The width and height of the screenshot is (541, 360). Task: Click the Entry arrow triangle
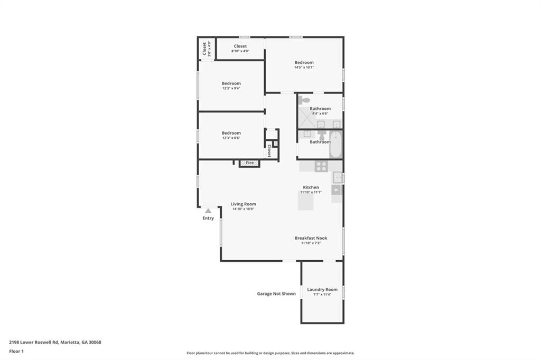point(208,211)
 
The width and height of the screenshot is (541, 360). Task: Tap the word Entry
point(208,218)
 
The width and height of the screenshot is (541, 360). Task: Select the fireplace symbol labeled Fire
point(249,163)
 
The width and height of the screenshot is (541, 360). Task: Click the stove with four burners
point(321,166)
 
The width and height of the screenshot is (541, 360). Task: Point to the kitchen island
point(305,201)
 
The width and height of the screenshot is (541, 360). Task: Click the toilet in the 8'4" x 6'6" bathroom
point(304,100)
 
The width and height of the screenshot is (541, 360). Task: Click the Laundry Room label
point(322,289)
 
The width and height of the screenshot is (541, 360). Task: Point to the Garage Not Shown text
point(276,293)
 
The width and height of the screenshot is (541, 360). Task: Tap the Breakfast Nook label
point(311,238)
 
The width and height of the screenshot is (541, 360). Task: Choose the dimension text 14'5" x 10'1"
point(304,68)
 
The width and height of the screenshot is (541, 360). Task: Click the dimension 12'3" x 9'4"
point(231,88)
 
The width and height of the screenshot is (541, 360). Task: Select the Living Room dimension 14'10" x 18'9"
point(243,209)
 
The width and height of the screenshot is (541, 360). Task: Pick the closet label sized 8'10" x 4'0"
point(240,51)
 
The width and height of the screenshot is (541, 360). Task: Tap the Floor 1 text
point(16,351)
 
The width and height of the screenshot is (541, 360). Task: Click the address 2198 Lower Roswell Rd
point(55,342)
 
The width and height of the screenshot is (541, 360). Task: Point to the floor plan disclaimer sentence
point(270,353)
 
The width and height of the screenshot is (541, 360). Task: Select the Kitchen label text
point(311,187)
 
